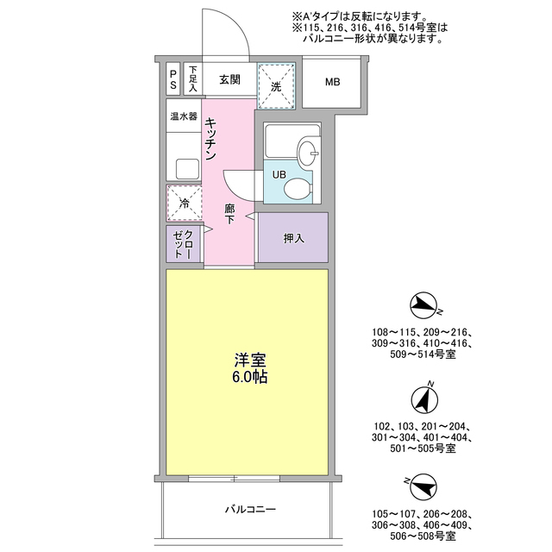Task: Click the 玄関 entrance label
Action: click(x=229, y=80)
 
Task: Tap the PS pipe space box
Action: click(x=173, y=80)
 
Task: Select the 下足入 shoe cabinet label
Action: click(x=193, y=79)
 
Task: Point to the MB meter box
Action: click(x=333, y=83)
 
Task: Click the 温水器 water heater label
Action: click(x=184, y=116)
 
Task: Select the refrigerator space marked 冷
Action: click(x=184, y=204)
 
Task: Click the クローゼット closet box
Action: click(x=184, y=244)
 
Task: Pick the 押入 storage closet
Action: click(x=293, y=237)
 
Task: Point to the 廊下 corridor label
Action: click(x=230, y=214)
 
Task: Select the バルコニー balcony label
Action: click(x=250, y=510)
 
